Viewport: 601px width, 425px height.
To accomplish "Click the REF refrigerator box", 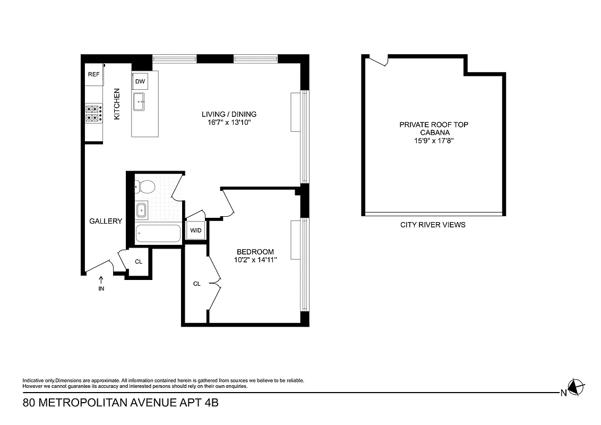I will pos(94,75).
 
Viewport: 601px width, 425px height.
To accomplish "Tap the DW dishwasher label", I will pos(140,81).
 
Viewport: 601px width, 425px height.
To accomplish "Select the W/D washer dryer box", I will pos(196,231).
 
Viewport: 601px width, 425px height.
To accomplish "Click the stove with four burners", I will pos(94,113).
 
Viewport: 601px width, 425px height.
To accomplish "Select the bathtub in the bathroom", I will pos(158,234).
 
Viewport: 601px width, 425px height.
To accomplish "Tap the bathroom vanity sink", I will pos(142,210).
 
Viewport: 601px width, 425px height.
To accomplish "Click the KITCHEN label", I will pos(117,104).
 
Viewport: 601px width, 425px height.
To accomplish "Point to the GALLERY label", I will pos(106,221).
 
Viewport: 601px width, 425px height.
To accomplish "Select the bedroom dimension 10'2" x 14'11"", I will pos(255,260).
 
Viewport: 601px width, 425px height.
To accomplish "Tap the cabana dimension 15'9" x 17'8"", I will pos(434,141).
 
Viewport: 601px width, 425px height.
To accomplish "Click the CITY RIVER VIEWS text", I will pos(433,225).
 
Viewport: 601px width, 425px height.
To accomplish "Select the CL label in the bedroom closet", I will pos(196,284).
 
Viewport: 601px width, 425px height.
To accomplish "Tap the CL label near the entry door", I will pos(139,261).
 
